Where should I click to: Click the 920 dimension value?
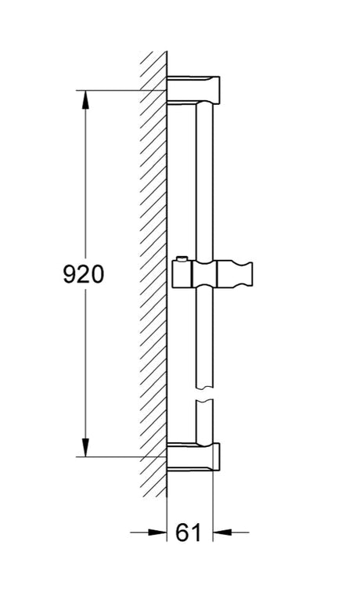point(84,274)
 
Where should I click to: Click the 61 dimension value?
point(189,532)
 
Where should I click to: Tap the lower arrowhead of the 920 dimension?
point(85,447)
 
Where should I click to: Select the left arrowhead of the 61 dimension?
point(157,532)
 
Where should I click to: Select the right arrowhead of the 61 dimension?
point(222,532)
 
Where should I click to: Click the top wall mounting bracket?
point(193,90)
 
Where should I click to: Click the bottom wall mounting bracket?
point(193,456)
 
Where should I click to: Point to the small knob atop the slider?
point(181,258)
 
